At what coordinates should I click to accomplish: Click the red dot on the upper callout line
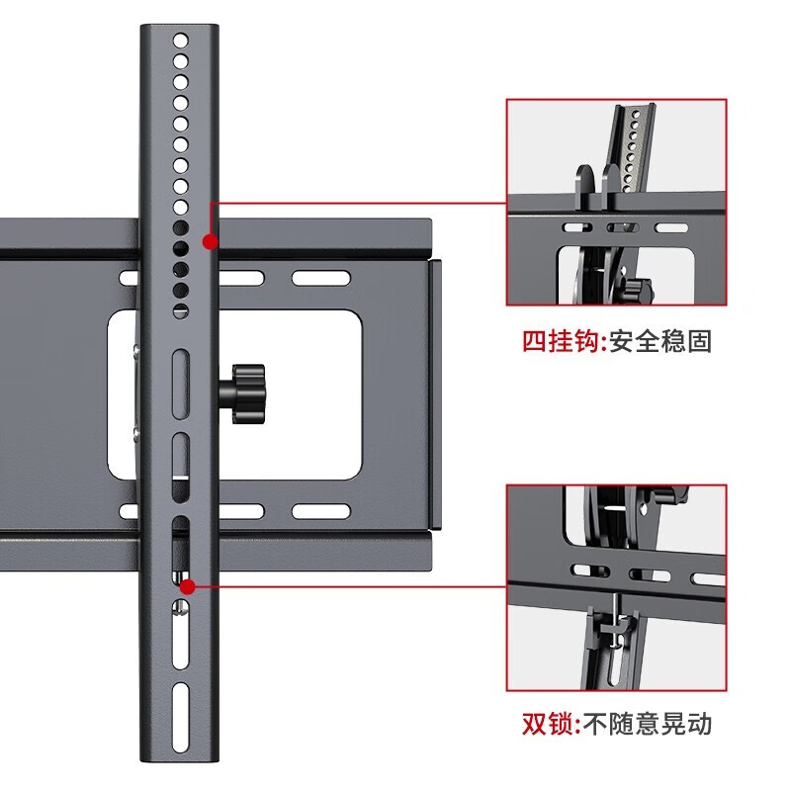tap(209, 241)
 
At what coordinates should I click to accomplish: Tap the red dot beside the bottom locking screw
tap(187, 585)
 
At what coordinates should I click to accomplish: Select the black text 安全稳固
tap(660, 342)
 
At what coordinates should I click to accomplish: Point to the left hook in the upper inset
tap(583, 188)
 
